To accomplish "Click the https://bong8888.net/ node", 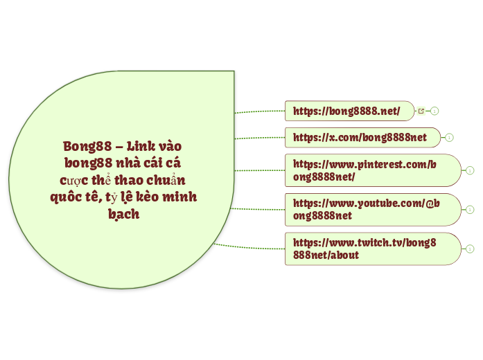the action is click(346, 111).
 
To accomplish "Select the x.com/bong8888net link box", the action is click(360, 137).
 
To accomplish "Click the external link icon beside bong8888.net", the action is click(421, 111).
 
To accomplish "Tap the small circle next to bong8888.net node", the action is click(434, 111).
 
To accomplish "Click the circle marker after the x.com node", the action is click(449, 137).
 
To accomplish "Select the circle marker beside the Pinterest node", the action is click(470, 170).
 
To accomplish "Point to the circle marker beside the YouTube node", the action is click(470, 209).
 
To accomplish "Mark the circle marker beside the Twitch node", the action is click(470, 249).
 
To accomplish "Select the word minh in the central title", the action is click(179, 197).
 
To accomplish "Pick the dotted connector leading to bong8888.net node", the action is click(260, 110).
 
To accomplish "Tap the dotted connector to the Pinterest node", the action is click(260, 170).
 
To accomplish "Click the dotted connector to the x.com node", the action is click(260, 137).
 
